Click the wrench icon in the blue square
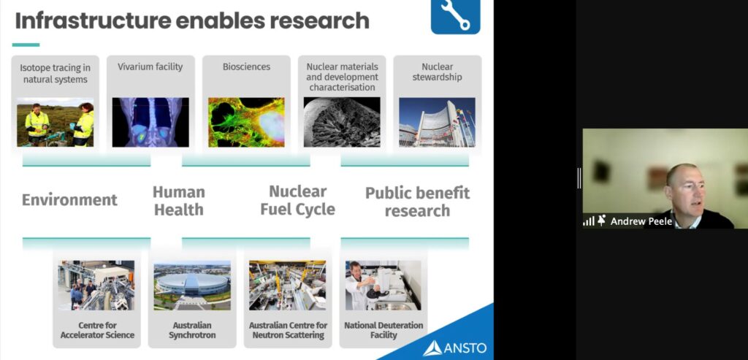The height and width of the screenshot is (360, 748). point(455,15)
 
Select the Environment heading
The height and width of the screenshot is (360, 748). point(69,199)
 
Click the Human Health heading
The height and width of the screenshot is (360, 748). point(178,201)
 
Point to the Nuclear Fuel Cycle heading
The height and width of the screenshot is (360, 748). point(298,200)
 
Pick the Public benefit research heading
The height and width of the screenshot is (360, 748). point(417,202)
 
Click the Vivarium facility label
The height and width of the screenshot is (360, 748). point(150,66)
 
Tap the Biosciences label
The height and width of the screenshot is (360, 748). point(246,66)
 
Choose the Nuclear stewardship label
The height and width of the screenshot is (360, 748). point(437,72)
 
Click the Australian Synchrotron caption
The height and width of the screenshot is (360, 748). point(192,330)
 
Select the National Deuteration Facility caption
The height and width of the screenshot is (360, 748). point(383,330)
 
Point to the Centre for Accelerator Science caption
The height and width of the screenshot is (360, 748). point(97,330)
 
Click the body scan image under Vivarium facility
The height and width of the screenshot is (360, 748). point(150,122)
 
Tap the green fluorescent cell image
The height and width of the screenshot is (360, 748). point(246,122)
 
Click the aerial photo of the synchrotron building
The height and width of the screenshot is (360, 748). point(192,285)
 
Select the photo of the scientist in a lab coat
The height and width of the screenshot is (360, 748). point(383,285)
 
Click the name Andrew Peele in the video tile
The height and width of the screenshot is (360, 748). point(641,221)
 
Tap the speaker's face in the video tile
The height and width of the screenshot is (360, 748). point(685,190)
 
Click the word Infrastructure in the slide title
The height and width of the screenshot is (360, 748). point(93,21)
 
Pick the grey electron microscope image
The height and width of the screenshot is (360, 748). point(342,122)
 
